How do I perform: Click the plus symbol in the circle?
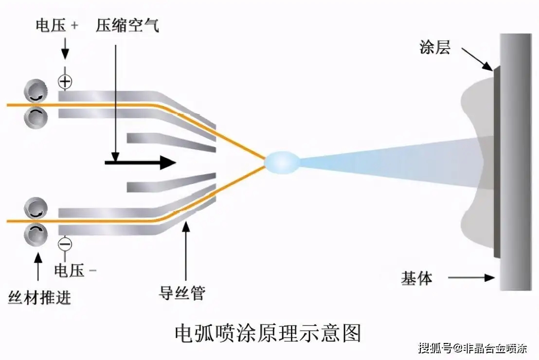(65, 81)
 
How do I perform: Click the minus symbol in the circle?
(65, 243)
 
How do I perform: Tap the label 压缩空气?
(127, 26)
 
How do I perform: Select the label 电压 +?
(56, 26)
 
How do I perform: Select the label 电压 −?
(75, 270)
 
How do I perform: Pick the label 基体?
(416, 278)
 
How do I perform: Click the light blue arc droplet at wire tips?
(283, 162)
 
